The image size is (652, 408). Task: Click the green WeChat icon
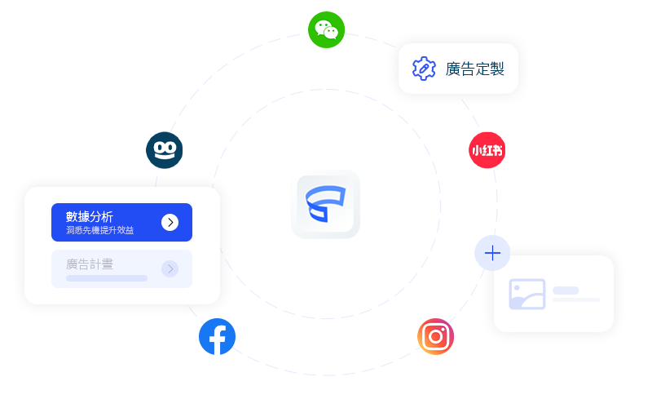coord(327,30)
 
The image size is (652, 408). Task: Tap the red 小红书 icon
coord(487,150)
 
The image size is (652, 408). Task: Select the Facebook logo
coord(217,336)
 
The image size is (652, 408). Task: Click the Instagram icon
coord(435,336)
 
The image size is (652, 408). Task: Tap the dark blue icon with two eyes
coord(164,150)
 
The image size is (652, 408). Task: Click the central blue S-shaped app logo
coord(325,204)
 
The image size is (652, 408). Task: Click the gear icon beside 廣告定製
coord(424,69)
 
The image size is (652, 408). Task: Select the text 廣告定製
coord(475,69)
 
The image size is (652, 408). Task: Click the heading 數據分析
coord(90,217)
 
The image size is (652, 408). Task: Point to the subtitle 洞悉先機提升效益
coord(99,231)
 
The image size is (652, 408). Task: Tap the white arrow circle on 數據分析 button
coord(170,223)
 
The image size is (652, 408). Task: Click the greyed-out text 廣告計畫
coord(90,264)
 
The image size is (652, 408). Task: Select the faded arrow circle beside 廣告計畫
coord(170,268)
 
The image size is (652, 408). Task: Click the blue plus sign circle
coord(492,253)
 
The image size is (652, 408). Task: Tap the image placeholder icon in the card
coord(526,294)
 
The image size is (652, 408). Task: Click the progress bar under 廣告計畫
coord(107,278)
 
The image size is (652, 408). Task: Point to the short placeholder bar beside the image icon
coord(566,290)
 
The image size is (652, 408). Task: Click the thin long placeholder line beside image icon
coord(576,300)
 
